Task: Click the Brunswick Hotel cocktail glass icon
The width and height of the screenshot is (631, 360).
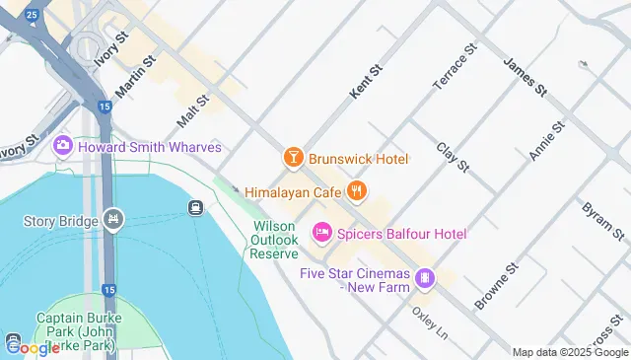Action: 293,158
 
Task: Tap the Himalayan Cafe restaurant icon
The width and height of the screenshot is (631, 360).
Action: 357,190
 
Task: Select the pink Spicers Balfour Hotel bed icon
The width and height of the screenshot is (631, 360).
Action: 321,233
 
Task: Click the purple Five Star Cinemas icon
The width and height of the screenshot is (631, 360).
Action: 425,278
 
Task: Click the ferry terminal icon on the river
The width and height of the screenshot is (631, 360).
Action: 195,207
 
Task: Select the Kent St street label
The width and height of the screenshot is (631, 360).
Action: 365,82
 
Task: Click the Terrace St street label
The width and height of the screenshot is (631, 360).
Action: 455,62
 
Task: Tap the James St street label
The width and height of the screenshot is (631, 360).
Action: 525,76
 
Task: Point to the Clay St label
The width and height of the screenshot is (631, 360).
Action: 452,156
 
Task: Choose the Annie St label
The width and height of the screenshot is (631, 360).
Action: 546,141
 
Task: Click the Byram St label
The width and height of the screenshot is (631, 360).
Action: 602,223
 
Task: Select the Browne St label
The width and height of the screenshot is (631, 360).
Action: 496,287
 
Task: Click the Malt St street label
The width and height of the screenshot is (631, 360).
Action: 193,110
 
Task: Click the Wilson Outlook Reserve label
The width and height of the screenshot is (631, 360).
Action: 274,240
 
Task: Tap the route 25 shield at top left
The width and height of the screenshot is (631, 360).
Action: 33,15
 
